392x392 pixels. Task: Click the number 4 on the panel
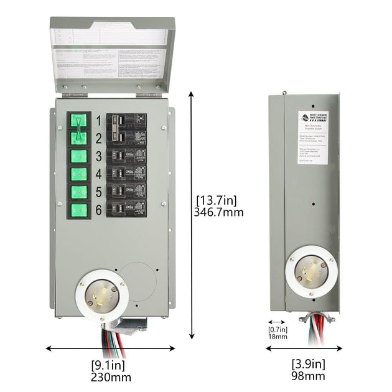pyautogui.click(x=98, y=174)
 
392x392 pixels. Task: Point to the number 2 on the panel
pyautogui.click(x=98, y=138)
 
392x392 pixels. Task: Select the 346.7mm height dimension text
pyautogui.click(x=220, y=212)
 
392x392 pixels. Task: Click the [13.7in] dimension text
pyautogui.click(x=216, y=200)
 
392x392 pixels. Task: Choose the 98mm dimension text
pyautogui.click(x=308, y=376)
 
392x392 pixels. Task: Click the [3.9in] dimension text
pyautogui.click(x=308, y=364)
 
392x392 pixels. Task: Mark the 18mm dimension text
pyautogui.click(x=278, y=337)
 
